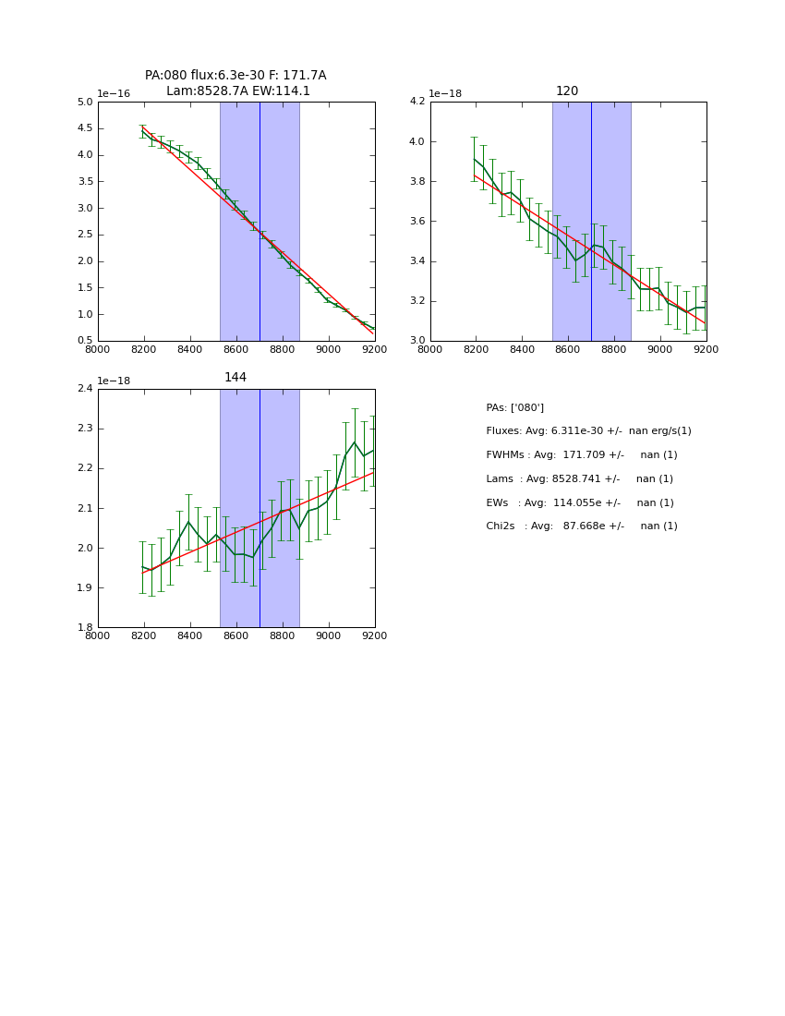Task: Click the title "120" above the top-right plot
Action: tap(567, 91)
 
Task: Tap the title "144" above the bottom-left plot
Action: tap(235, 378)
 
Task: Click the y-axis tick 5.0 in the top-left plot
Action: tap(85, 103)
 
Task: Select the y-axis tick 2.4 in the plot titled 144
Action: tap(85, 389)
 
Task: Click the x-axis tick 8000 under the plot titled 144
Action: tap(98, 635)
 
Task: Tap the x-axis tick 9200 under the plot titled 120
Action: tap(706, 349)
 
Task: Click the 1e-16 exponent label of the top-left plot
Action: tap(114, 94)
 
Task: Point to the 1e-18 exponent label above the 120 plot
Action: tap(446, 94)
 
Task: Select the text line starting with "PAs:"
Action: tap(514, 408)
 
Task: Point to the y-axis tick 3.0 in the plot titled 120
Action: tap(417, 341)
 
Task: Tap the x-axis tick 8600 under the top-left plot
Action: tap(236, 349)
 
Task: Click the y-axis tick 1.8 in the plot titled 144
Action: tap(85, 627)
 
